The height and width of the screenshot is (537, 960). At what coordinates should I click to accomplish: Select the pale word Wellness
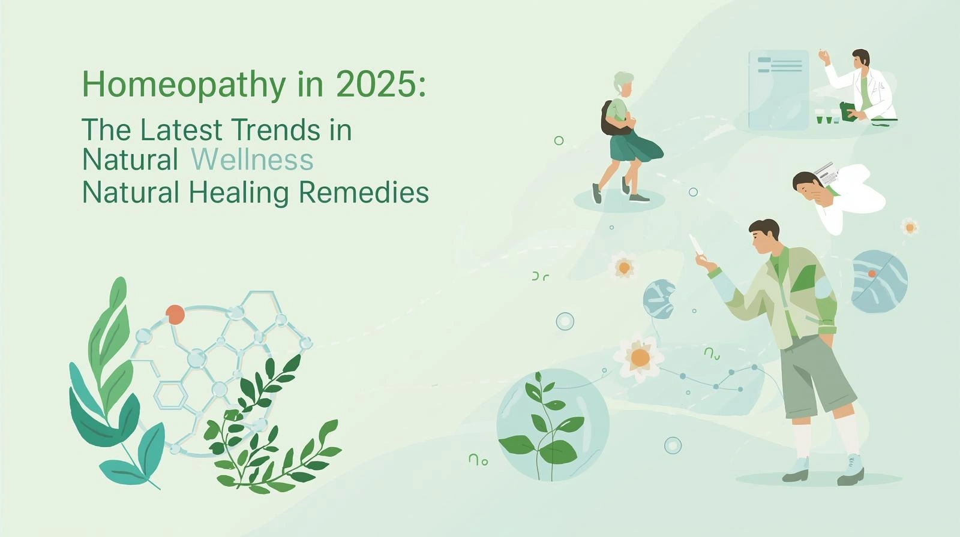[x=253, y=159]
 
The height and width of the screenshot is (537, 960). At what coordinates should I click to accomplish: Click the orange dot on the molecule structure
[x=175, y=314]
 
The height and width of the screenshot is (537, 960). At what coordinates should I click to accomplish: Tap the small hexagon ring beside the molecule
[x=170, y=396]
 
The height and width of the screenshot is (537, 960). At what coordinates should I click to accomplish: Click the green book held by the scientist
[x=848, y=111]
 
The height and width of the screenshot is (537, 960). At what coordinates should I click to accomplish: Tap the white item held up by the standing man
[x=696, y=244]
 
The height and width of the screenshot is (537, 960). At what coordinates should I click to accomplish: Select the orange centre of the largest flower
[x=640, y=358]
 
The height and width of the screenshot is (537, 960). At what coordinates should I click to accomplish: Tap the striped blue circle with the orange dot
[x=879, y=282]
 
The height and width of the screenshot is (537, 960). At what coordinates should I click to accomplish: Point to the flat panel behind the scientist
[x=779, y=90]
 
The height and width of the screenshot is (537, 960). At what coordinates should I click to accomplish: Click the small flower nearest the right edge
[x=910, y=227]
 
